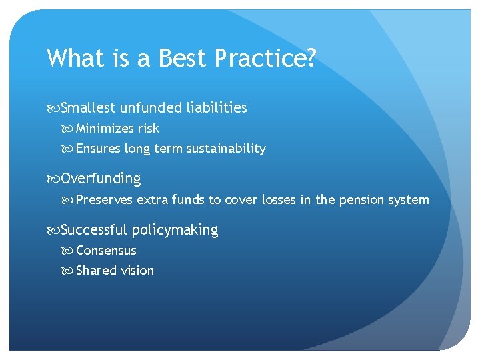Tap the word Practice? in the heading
pyautogui.click(x=265, y=59)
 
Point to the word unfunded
pyautogui.click(x=151, y=107)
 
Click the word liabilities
pyautogui.click(x=217, y=107)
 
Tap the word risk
pyautogui.click(x=149, y=128)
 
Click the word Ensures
pyautogui.click(x=97, y=149)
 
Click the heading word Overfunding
pyautogui.click(x=101, y=179)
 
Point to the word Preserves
pyautogui.click(x=105, y=199)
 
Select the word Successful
pyautogui.click(x=93, y=230)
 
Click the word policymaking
pyautogui.click(x=175, y=230)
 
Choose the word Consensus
pyautogui.click(x=106, y=251)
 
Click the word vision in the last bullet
pyautogui.click(x=137, y=271)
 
